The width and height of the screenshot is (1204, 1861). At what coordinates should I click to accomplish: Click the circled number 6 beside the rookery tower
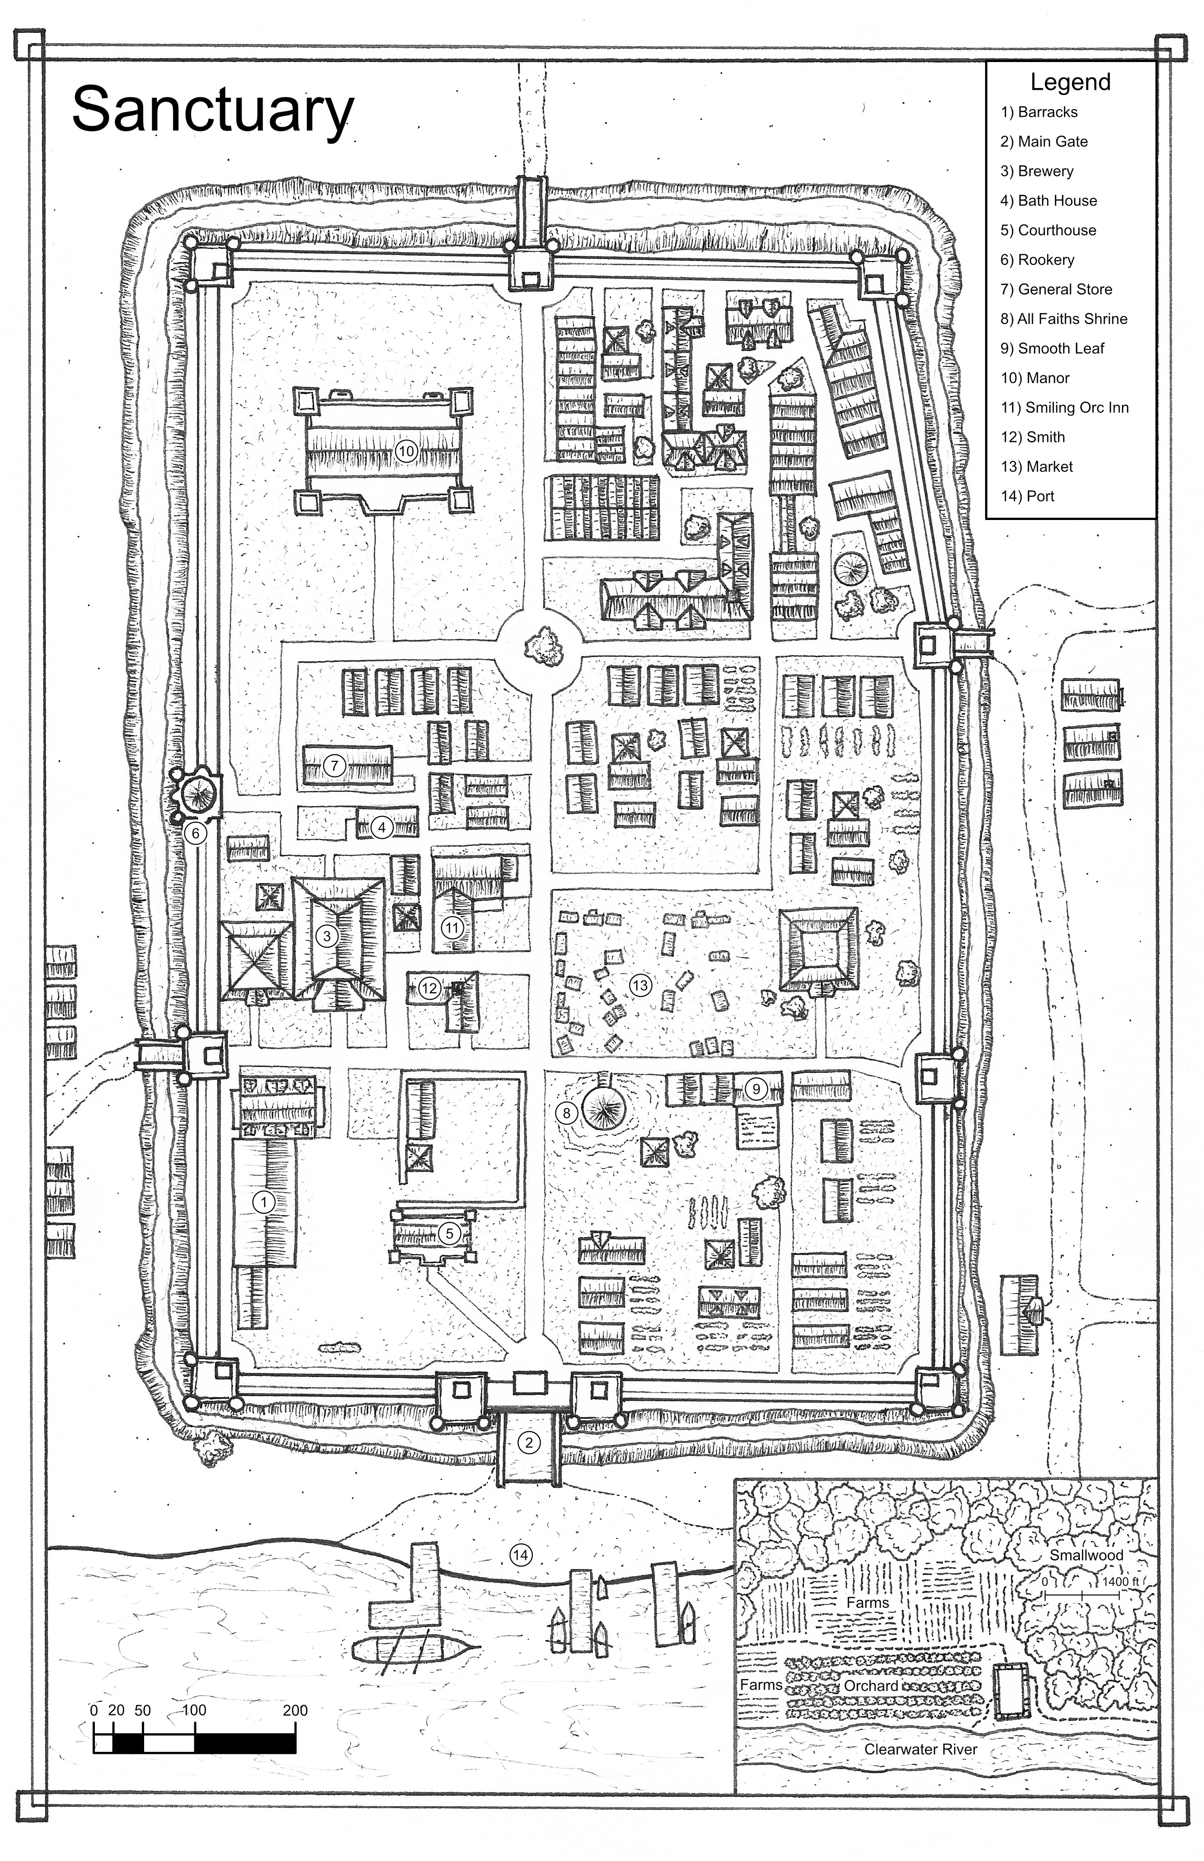196,833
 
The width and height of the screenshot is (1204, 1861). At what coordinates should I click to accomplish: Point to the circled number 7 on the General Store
334,765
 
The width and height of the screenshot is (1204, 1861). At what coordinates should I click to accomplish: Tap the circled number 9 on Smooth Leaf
756,1088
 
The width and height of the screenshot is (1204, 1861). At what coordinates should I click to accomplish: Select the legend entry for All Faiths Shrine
1063,319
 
